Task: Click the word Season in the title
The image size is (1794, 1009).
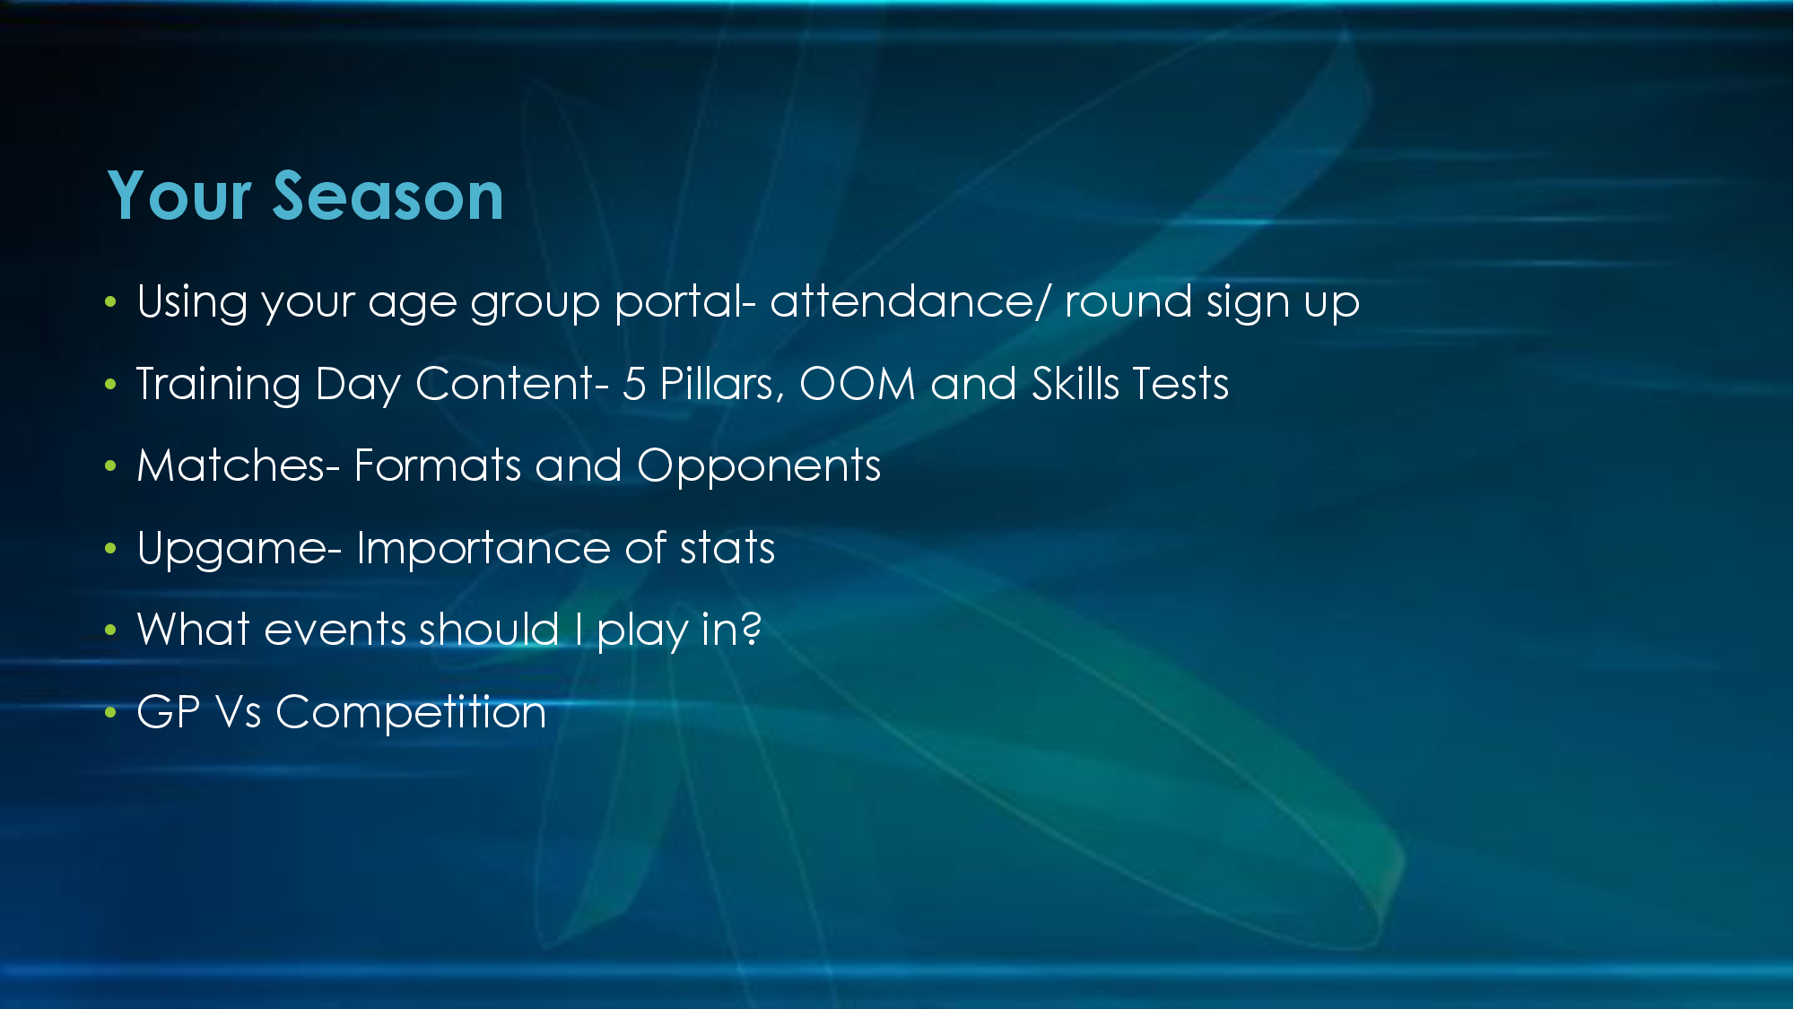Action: coord(388,196)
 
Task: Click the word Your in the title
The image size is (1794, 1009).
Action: coord(179,196)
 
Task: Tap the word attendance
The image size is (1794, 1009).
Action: coord(902,301)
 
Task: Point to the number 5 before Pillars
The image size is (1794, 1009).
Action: coord(634,384)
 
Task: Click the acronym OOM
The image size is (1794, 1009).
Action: coord(858,384)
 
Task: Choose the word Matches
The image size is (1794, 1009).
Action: coord(231,465)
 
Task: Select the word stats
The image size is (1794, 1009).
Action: coord(727,549)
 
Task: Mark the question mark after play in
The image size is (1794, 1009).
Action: coord(752,629)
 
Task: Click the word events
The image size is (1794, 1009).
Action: coord(335,631)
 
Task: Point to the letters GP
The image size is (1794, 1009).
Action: coord(169,712)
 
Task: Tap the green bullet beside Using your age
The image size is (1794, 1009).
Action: coord(110,302)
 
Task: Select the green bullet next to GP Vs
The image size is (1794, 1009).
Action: coord(110,713)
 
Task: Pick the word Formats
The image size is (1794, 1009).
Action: coord(438,465)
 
